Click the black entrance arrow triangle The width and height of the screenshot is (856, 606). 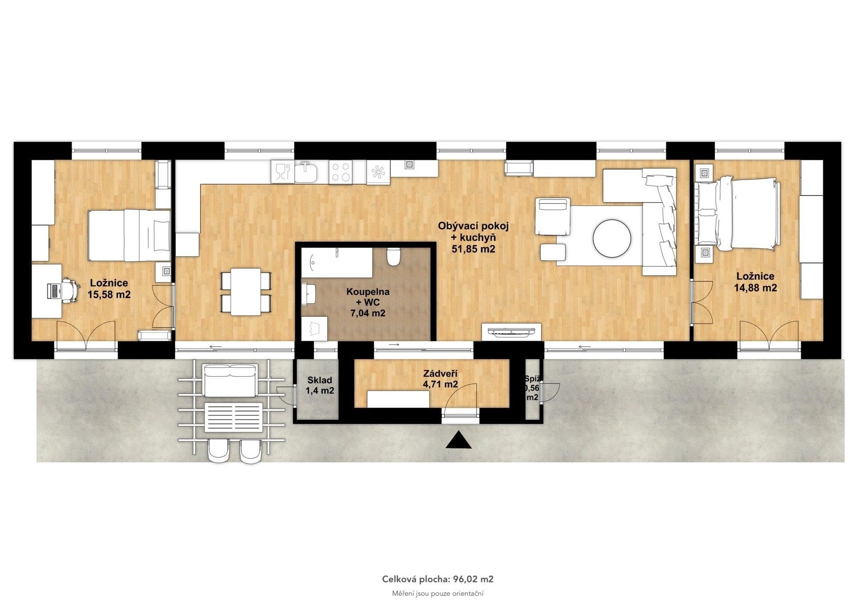point(459,440)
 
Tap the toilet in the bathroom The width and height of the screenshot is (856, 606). point(394,256)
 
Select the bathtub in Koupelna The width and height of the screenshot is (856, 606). point(337,264)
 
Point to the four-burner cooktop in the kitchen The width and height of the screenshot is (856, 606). point(341,172)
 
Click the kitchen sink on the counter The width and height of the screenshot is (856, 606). point(306,173)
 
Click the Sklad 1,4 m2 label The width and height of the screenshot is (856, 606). point(320,386)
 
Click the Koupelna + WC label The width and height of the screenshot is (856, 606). point(368,297)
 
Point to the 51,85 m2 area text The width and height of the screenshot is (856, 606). point(473,249)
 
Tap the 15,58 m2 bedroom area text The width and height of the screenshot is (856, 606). point(109,295)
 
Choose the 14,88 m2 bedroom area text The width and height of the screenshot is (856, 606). point(755,288)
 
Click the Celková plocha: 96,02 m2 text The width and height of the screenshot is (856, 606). point(438,579)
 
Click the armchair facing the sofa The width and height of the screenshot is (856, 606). point(553,216)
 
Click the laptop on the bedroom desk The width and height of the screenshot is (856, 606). point(53,291)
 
